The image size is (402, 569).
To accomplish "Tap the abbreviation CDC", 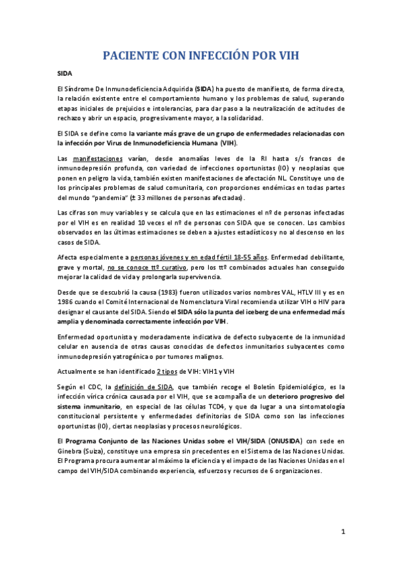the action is point(94,387).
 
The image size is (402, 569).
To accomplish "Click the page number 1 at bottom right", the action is point(342,533).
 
